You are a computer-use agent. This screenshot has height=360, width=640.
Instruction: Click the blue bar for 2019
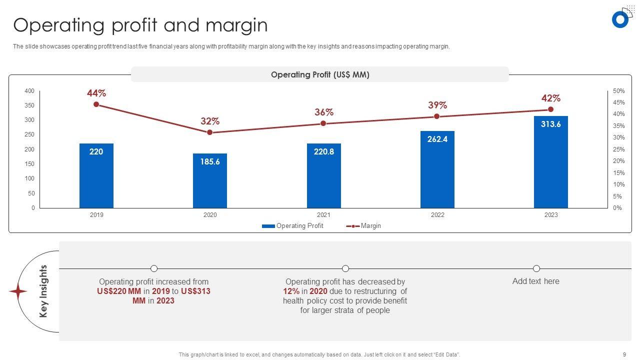96,175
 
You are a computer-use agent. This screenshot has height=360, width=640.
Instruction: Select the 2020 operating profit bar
210,180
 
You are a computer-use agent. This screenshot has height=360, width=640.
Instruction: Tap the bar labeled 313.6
550,162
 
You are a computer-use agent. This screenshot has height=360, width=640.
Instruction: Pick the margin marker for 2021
323,123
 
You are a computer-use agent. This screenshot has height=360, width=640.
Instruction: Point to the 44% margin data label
96,93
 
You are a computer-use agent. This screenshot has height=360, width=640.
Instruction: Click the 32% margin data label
210,121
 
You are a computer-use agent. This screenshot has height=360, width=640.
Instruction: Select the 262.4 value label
437,139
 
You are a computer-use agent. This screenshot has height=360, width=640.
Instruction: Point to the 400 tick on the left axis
29,91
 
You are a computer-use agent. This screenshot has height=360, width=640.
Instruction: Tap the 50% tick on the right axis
619,91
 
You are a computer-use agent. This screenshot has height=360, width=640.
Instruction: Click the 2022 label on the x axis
437,215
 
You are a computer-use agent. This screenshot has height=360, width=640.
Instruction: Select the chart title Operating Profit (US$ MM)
320,74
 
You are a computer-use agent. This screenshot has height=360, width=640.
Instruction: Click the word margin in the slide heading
236,25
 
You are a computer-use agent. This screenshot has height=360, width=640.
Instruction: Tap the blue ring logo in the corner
620,19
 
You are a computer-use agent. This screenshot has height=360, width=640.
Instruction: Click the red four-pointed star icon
18,291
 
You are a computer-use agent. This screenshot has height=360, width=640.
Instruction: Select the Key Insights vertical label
43,291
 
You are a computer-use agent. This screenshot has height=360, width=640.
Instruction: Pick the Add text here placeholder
536,281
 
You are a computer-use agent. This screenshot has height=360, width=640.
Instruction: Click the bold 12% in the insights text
291,291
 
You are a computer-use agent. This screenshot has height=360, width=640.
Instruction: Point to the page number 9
624,354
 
